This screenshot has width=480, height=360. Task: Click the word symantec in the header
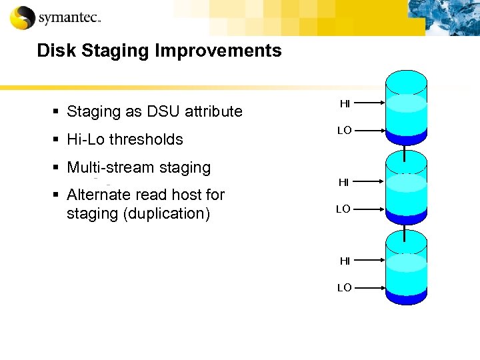[x=69, y=18]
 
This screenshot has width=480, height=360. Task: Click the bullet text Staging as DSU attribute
[x=155, y=111]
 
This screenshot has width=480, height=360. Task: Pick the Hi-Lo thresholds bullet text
[x=125, y=139]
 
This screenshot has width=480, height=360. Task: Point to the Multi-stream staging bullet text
[x=139, y=167]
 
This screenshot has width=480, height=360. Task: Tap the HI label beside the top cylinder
[x=345, y=103]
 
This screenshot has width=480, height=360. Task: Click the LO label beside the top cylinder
[x=344, y=131]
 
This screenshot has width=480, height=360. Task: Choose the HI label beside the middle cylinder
[x=344, y=182]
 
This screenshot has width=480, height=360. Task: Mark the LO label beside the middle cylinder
[x=343, y=209]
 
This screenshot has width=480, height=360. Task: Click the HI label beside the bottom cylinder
[x=345, y=261]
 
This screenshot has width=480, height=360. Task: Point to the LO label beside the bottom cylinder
[x=344, y=288]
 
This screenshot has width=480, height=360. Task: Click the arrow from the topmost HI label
[x=371, y=103]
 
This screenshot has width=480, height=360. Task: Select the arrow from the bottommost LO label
[x=371, y=288]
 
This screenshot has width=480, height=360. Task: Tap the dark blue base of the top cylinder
[x=407, y=139]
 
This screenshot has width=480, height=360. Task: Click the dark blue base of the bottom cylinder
[x=407, y=297]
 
